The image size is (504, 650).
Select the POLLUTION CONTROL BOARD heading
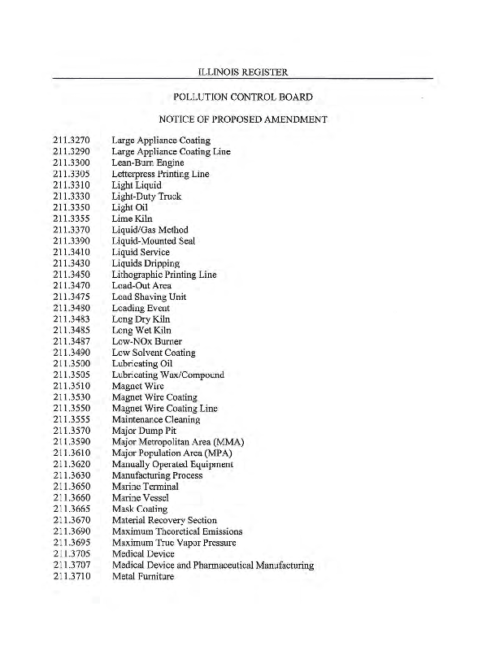coord(243,97)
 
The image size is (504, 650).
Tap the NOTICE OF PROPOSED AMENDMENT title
coord(243,120)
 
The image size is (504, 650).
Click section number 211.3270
coord(71,141)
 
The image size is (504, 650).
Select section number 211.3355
coord(71,219)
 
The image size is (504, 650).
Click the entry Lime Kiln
coord(132,219)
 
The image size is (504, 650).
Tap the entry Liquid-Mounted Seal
coord(153,241)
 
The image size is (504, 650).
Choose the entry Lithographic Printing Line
coord(163,275)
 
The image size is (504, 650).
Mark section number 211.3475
coord(71,297)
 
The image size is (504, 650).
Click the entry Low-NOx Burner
coord(146,342)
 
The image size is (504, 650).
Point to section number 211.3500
coord(71,364)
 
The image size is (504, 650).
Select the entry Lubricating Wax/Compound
coord(167,375)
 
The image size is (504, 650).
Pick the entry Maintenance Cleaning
coord(156,420)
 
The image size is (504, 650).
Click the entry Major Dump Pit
coord(143,431)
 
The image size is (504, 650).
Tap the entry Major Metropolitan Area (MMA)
coord(178,442)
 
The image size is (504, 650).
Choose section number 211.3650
coord(71,487)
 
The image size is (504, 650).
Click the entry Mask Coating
coord(140,509)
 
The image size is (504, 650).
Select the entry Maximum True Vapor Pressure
coord(174,543)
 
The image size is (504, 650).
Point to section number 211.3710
coord(71,576)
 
